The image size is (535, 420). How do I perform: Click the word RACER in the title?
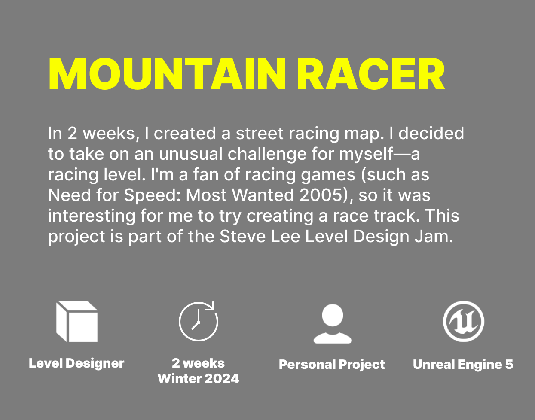click(371, 74)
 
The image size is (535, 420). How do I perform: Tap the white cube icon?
click(77, 321)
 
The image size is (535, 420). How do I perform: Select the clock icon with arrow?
click(199, 321)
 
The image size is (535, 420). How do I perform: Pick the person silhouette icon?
click(332, 324)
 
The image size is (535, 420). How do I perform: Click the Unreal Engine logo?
click(464, 321)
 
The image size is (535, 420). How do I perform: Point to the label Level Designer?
click(76, 363)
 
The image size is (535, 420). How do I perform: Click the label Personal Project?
click(332, 365)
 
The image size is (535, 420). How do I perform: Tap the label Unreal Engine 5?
click(463, 364)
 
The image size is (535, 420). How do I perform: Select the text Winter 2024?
click(198, 378)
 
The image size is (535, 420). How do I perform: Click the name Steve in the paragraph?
click(242, 237)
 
